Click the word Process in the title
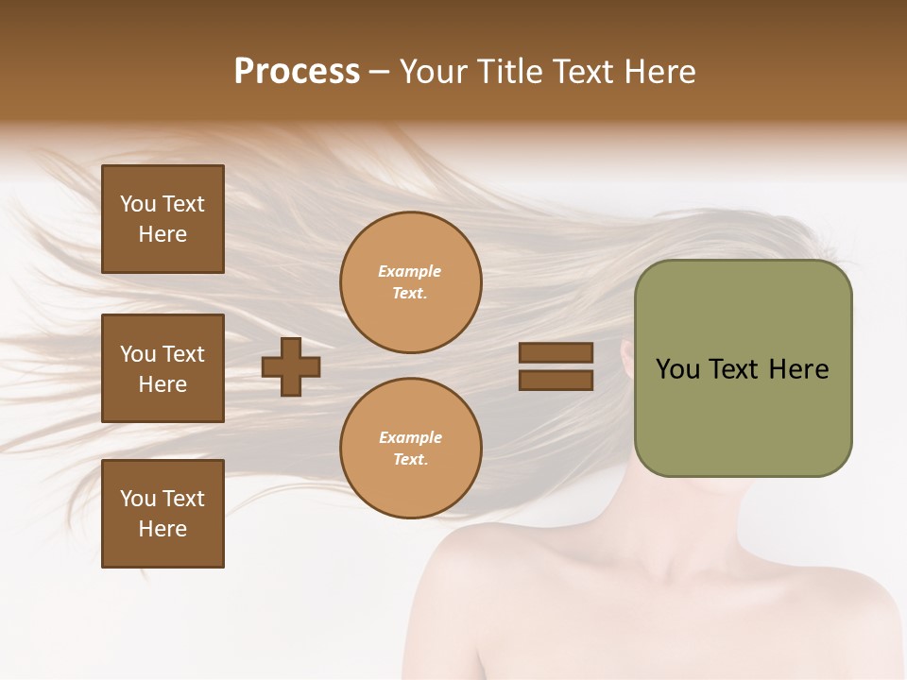297,72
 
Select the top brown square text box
163,219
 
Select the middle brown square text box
163,368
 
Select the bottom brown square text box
163,514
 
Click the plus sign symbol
291,367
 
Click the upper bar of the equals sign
556,353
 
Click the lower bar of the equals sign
556,380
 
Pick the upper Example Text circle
410,282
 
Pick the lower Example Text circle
410,449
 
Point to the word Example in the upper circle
410,272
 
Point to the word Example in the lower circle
410,438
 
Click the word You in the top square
138,204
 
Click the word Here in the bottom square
163,529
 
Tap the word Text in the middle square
183,354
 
